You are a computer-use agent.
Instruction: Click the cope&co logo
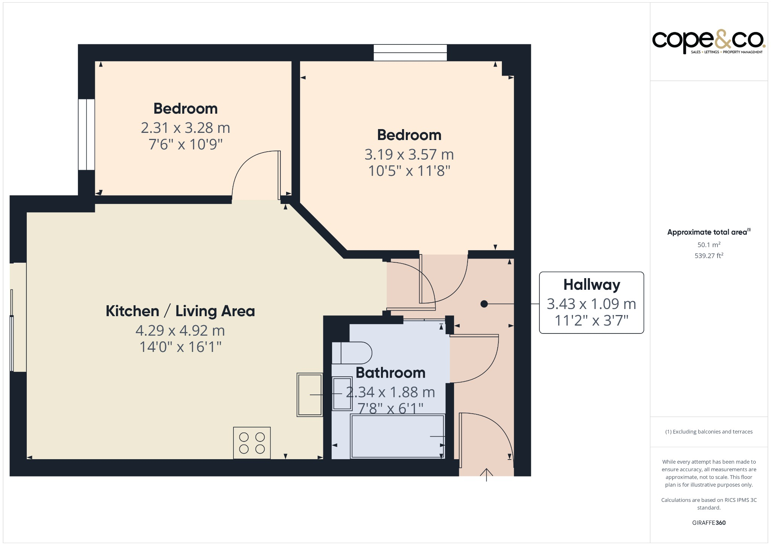coord(708,42)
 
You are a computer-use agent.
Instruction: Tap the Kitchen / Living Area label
coord(180,311)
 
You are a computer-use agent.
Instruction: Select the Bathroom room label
coord(390,373)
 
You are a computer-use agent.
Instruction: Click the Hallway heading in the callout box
coord(591,285)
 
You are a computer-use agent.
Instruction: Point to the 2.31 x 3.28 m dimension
coord(185,128)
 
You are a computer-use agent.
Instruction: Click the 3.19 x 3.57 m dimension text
coord(409,154)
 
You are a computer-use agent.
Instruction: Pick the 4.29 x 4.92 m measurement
coord(180,331)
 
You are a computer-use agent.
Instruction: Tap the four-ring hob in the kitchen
coord(252,443)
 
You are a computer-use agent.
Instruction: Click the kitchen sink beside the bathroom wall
coord(310,394)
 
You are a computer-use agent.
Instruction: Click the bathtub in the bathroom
coord(398,436)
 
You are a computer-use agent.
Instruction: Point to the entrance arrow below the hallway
coord(486,475)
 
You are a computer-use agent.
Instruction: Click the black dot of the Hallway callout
coord(484,304)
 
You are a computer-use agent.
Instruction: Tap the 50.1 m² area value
coord(709,245)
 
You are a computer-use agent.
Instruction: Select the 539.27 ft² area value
coord(709,256)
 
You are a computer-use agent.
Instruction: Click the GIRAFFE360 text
coord(709,522)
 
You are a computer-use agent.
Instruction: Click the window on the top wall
coord(410,53)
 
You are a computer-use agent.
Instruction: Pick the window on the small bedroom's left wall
coord(86,134)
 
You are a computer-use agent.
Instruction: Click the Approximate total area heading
coord(708,232)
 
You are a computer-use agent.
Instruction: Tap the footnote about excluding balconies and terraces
coord(709,432)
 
